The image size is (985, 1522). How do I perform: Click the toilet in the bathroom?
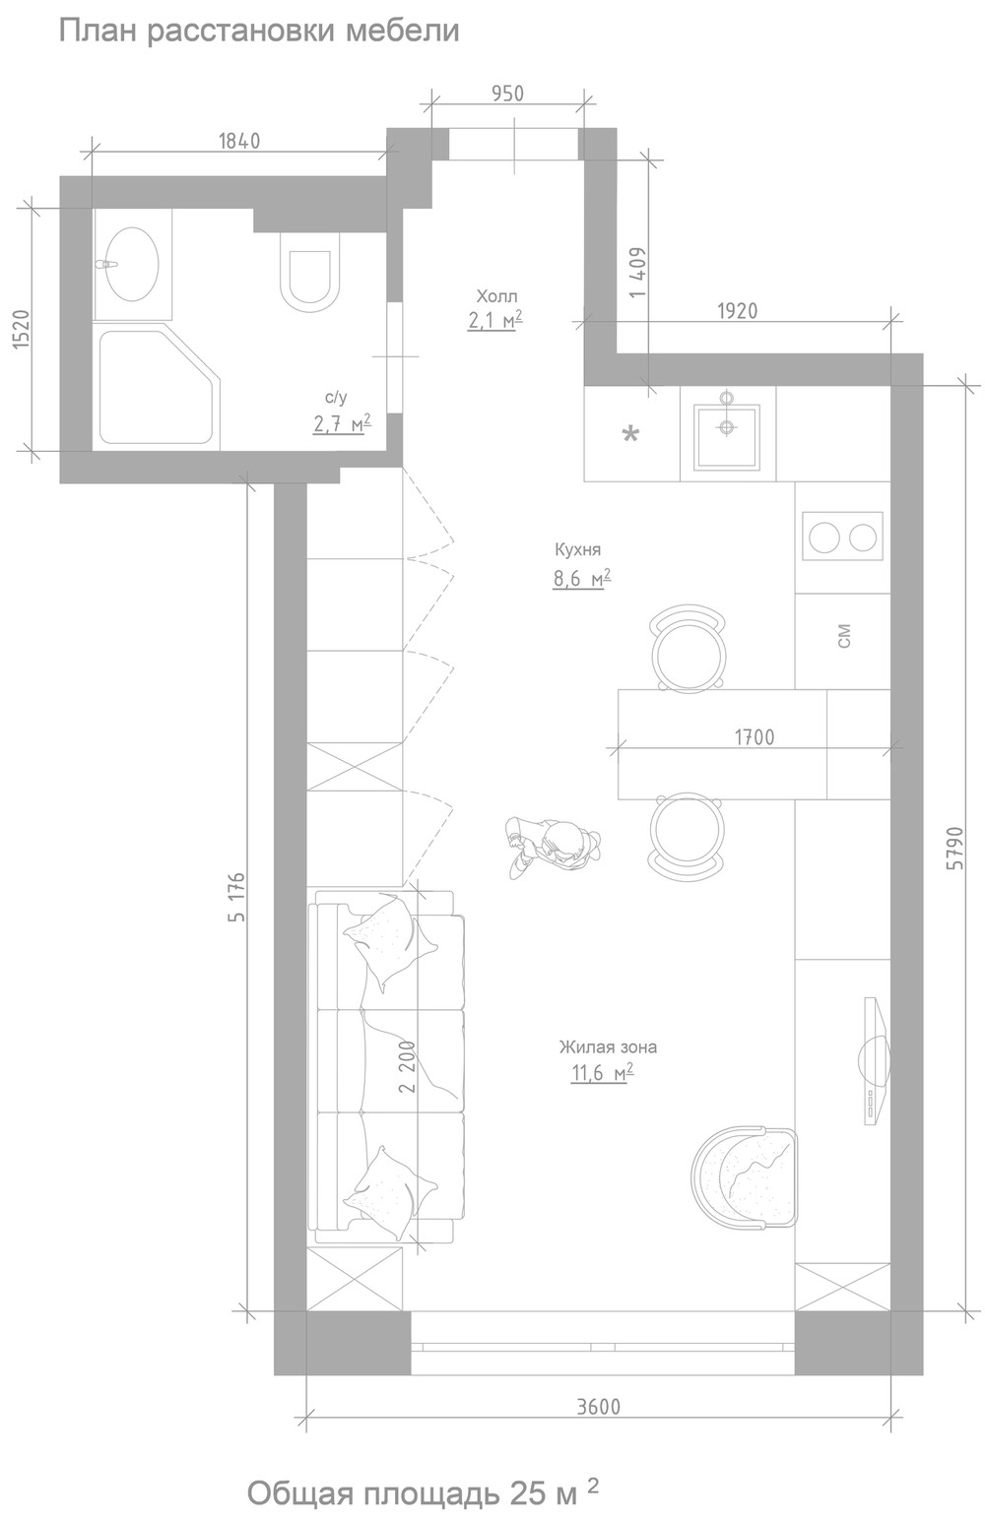(309, 272)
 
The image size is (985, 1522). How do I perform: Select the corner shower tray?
(160, 387)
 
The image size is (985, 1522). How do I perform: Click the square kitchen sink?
(726, 437)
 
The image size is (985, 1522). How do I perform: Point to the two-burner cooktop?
(842, 537)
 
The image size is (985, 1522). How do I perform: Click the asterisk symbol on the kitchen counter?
(630, 433)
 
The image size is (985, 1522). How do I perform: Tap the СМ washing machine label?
(843, 636)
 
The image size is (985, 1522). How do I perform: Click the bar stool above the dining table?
(688, 649)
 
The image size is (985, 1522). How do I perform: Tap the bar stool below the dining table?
(687, 834)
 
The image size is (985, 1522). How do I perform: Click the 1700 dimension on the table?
(755, 737)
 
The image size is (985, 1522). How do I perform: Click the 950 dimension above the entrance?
(508, 94)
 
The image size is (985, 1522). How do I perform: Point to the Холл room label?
(496, 296)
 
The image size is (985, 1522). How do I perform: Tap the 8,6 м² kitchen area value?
(582, 579)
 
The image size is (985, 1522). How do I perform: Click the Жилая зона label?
(608, 1047)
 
